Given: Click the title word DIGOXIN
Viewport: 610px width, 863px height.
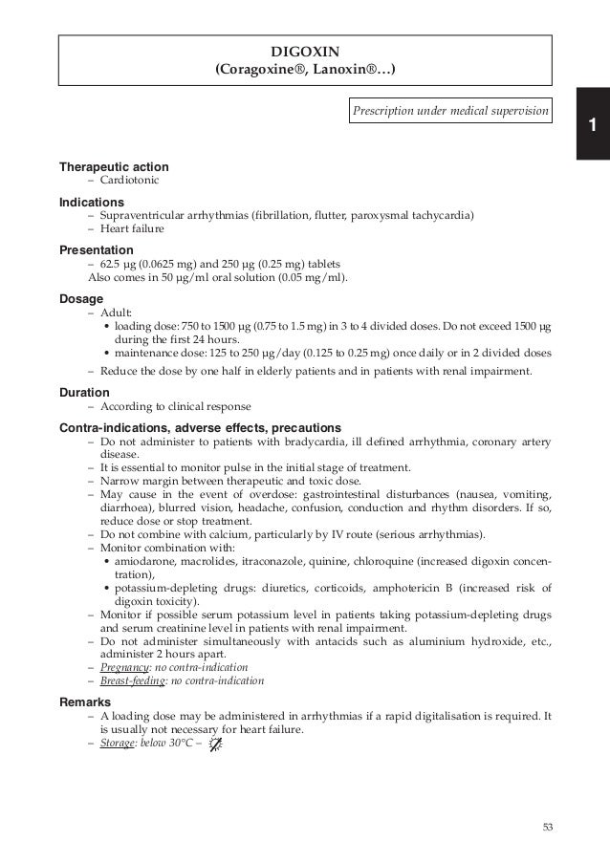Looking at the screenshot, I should pyautogui.click(x=306, y=51).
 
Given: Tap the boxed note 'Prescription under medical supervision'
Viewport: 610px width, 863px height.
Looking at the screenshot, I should pyautogui.click(x=449, y=113).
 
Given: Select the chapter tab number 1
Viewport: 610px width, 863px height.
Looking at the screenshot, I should pyautogui.click(x=593, y=126).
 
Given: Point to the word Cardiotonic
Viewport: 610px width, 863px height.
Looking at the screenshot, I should pyautogui.click(x=129, y=180).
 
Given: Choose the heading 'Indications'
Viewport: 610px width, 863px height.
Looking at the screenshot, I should pyautogui.click(x=92, y=203).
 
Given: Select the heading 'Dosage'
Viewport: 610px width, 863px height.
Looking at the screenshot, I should pyautogui.click(x=81, y=298).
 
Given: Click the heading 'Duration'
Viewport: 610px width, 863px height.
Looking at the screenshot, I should pyautogui.click(x=85, y=393).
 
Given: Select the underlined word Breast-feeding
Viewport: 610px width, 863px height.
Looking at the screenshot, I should pyautogui.click(x=133, y=680).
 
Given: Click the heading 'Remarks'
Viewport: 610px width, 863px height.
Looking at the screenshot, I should pyautogui.click(x=85, y=701).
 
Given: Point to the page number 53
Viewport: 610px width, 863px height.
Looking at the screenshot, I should pyautogui.click(x=547, y=828).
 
